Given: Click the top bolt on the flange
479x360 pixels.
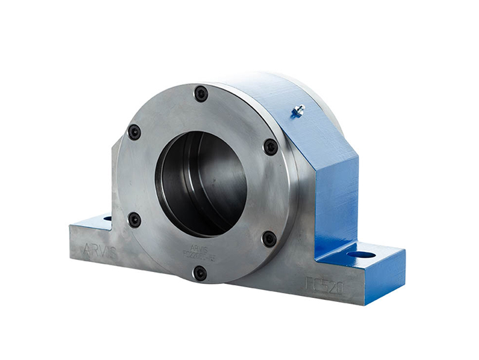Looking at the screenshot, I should click(x=201, y=94).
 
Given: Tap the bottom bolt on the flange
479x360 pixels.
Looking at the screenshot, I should click(x=200, y=272).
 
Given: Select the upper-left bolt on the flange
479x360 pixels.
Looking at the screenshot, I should click(x=135, y=132).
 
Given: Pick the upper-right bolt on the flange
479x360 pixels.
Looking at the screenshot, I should click(x=270, y=147).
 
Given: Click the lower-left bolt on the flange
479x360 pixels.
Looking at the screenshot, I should click(x=135, y=219).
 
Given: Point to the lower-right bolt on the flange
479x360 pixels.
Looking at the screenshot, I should click(x=269, y=238).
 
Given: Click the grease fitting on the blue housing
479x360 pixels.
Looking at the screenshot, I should click(x=298, y=111).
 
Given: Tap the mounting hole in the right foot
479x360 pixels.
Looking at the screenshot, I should click(x=361, y=254).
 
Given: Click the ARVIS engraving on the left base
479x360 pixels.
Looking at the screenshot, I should click(x=101, y=251).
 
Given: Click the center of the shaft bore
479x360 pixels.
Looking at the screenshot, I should click(x=201, y=183).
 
